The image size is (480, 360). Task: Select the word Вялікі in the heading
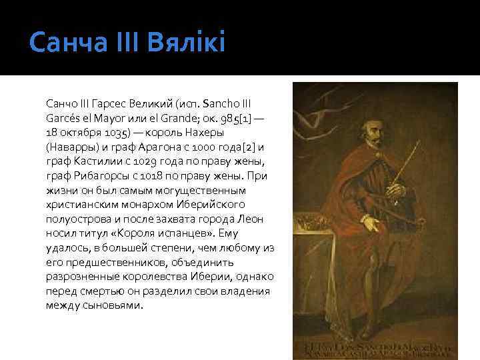pos(190,44)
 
